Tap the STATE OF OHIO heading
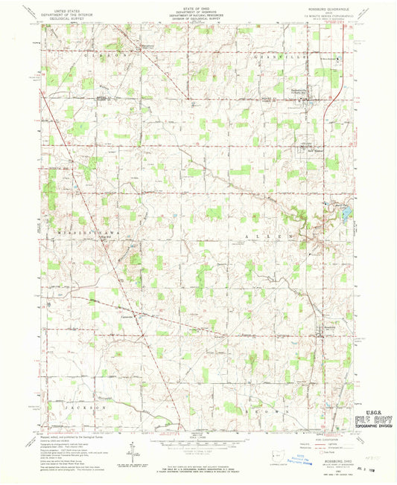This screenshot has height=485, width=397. pyautogui.click(x=197, y=6)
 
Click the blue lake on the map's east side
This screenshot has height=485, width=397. pyautogui.click(x=347, y=216)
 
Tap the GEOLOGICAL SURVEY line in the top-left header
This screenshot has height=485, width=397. pyautogui.click(x=63, y=17)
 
